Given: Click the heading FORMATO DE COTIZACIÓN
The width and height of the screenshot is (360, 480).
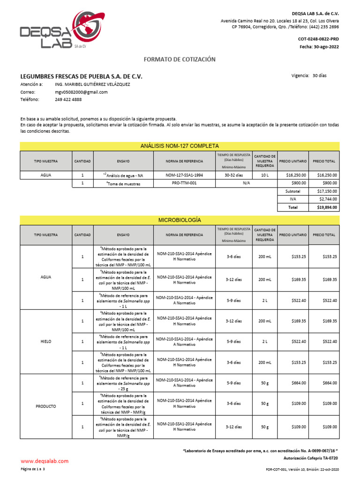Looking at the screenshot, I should coord(179,60).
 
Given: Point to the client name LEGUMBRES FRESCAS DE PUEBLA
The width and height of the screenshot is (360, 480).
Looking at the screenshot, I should coord(81,76).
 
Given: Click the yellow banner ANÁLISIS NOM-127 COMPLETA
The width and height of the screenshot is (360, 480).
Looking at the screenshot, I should coord(180,146).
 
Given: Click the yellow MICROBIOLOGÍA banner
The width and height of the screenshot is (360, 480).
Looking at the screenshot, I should coord(180,219).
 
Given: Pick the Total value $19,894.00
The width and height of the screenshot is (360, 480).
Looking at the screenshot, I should coord(326,207).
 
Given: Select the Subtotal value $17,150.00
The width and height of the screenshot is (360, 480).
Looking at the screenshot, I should coord(327,191).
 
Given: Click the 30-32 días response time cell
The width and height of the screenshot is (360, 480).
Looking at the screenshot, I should coord(234,175).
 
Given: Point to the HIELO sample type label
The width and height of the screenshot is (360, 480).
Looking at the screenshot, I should coord(46,342).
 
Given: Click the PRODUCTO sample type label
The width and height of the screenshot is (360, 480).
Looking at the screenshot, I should coord(46,406).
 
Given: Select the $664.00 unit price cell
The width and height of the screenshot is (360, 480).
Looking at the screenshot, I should coord(293,383).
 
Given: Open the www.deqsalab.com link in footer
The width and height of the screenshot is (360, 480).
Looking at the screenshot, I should coord(45,461).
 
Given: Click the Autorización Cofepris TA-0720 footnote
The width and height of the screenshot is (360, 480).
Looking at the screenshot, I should coord(311,457).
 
